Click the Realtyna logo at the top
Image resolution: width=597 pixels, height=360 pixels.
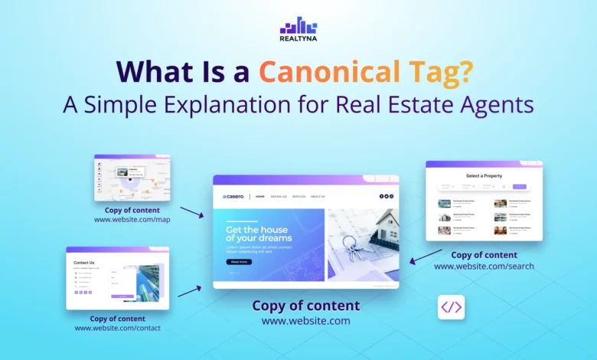(x=298, y=30)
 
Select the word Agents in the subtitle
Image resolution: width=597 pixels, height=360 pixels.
(x=496, y=103)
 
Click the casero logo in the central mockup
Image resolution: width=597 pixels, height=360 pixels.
(x=233, y=197)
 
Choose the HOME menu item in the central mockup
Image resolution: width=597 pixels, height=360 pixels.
(x=260, y=197)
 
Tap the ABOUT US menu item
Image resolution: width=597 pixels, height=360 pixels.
(x=318, y=197)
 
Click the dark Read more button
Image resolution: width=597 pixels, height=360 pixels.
(x=239, y=262)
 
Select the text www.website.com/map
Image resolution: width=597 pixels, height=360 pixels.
(x=132, y=220)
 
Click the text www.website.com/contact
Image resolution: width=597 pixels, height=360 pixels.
(x=117, y=328)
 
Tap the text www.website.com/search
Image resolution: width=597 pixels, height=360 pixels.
(x=484, y=266)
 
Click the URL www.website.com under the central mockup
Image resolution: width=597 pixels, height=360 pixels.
(x=305, y=321)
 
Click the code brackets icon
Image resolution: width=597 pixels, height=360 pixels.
(x=451, y=307)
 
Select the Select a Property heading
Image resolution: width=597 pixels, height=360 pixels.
(x=484, y=176)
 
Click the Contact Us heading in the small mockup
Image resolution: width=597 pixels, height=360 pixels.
(x=84, y=263)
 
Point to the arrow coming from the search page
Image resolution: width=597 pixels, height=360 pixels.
(x=426, y=256)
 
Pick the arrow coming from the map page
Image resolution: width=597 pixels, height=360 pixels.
(x=191, y=211)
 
